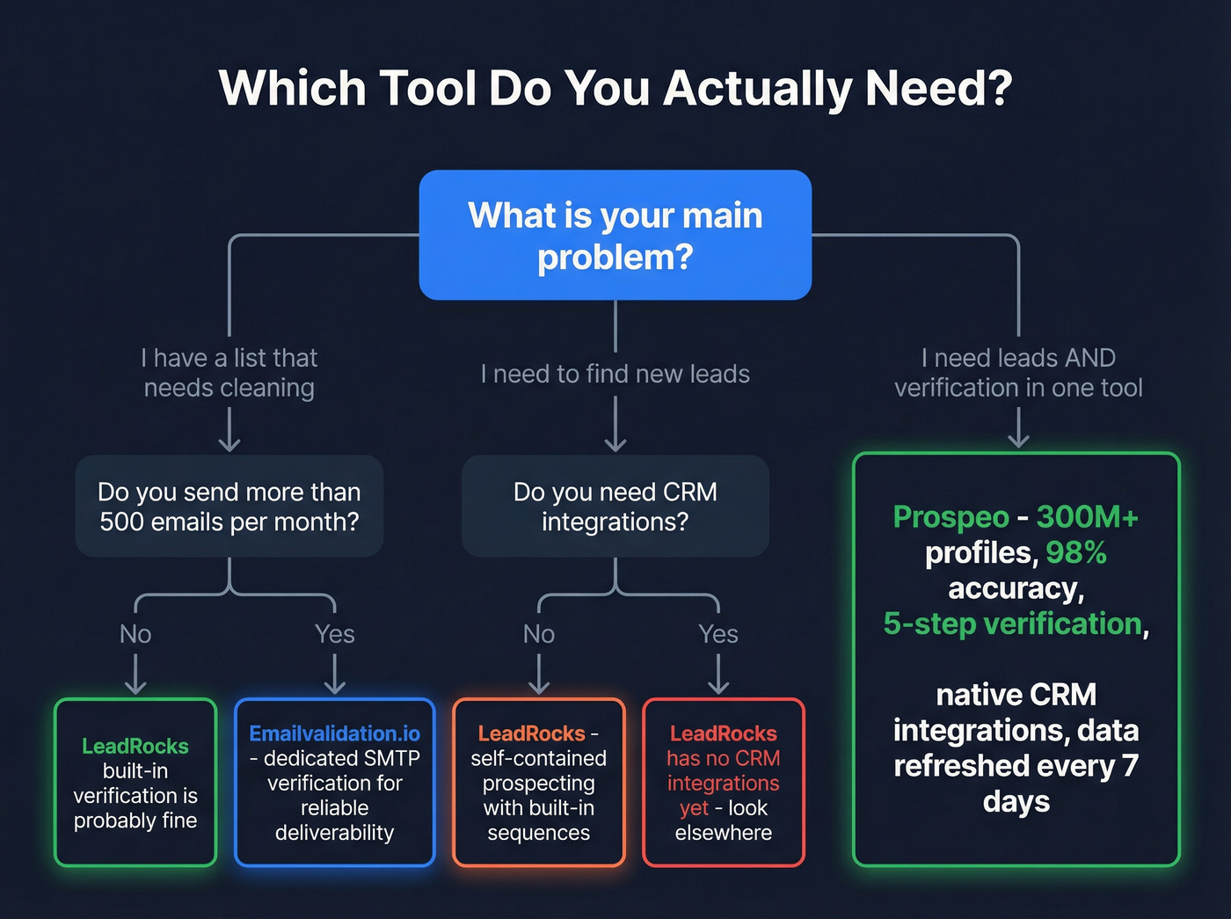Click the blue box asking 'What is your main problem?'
(x=615, y=235)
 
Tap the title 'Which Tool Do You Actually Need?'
(x=615, y=89)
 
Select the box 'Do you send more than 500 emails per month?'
(x=229, y=506)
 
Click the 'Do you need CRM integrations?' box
(x=615, y=506)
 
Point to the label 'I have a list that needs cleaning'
(x=229, y=372)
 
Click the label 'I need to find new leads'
(x=615, y=374)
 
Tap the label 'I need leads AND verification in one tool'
(x=1018, y=372)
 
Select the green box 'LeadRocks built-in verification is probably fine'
(x=135, y=782)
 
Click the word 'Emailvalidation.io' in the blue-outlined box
(x=334, y=733)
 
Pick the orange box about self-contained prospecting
(x=538, y=782)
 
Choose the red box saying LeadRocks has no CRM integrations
(x=723, y=782)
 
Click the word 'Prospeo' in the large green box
(x=951, y=517)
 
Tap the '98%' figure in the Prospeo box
(x=1076, y=552)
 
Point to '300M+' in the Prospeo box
(x=1087, y=517)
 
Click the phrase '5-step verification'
(x=1012, y=624)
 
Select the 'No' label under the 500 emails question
(x=135, y=634)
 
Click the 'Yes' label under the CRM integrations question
(x=717, y=634)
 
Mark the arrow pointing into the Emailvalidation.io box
(x=334, y=675)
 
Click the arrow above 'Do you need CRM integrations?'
(x=615, y=424)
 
